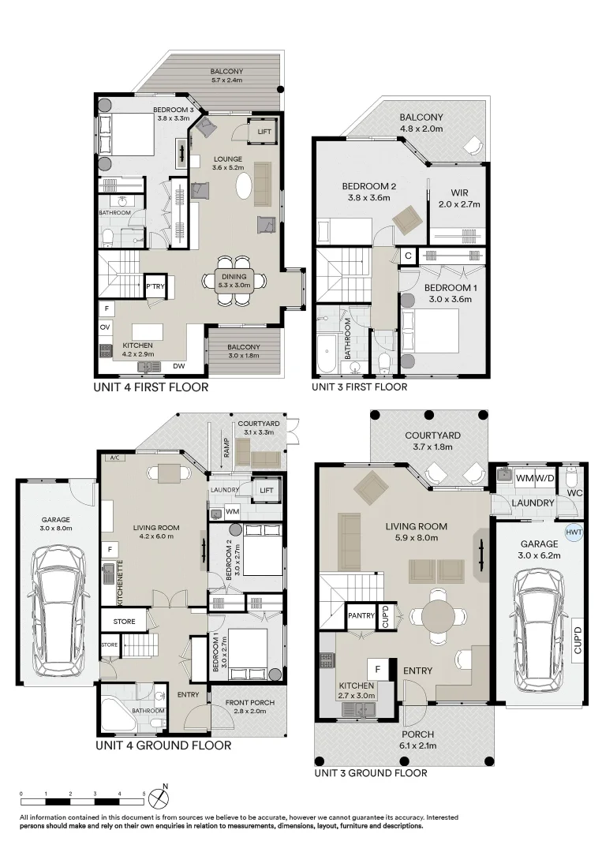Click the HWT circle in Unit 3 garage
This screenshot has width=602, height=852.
tap(574, 532)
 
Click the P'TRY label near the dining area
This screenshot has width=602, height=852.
tap(155, 287)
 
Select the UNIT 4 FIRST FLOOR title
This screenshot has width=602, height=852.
tap(151, 387)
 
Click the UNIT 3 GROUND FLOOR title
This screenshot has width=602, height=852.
tap(370, 773)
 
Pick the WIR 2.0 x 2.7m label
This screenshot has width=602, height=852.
tap(459, 198)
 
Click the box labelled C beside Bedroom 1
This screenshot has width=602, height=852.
tap(408, 256)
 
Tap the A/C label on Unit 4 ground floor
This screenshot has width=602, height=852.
tap(114, 457)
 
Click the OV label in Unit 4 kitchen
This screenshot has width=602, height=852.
tap(105, 327)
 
